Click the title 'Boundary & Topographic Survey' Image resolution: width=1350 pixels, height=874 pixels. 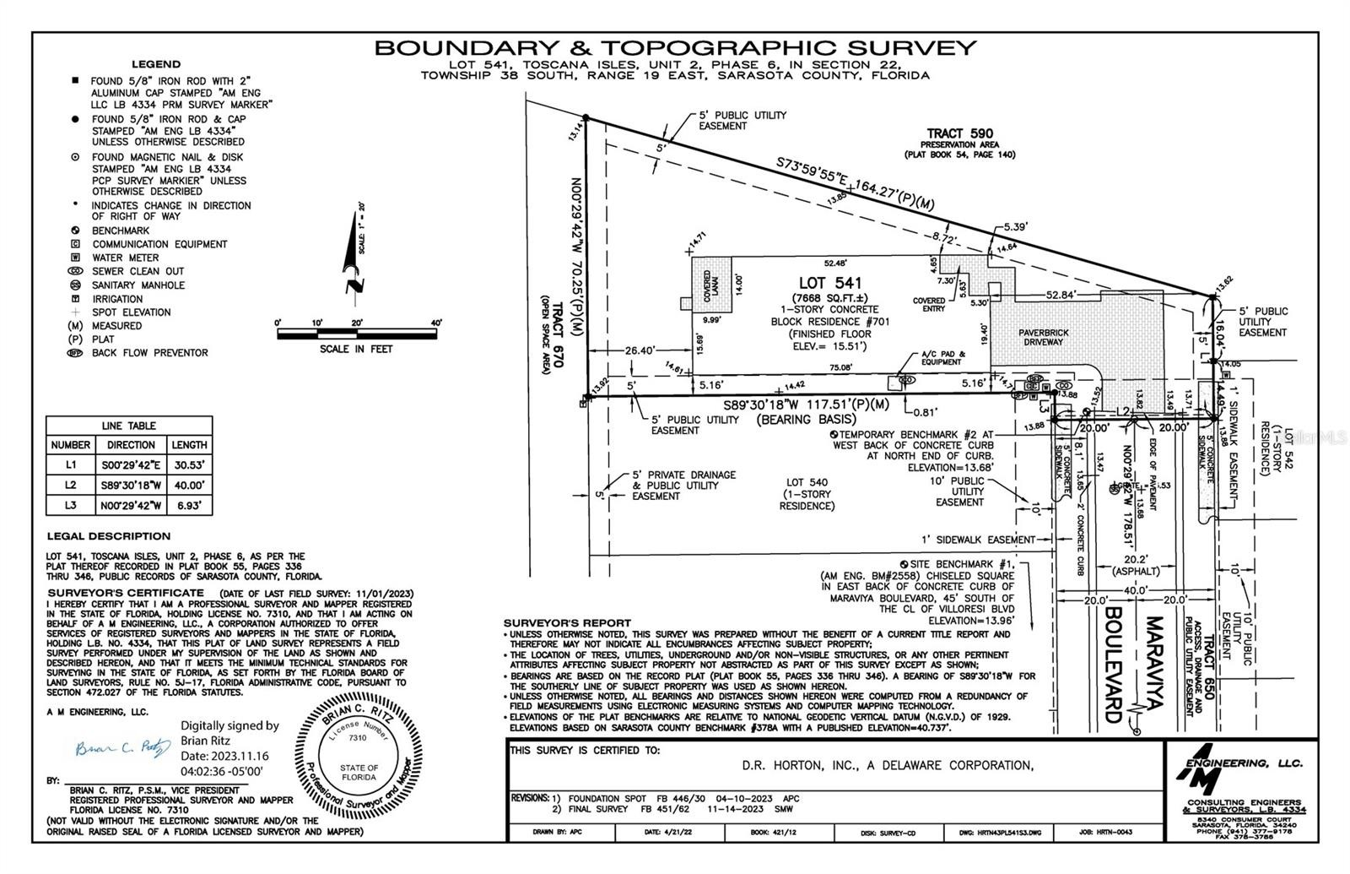(x=675, y=47)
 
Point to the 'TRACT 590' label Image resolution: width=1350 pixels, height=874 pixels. (x=959, y=133)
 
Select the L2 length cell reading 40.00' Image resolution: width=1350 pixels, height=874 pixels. (x=189, y=486)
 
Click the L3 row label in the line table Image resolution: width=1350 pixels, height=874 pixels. (x=71, y=506)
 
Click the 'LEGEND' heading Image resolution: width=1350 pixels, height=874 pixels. (x=155, y=64)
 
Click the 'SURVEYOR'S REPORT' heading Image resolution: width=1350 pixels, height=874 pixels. (x=566, y=623)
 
